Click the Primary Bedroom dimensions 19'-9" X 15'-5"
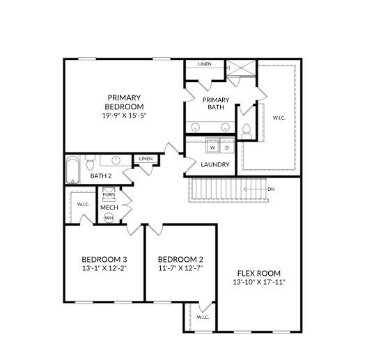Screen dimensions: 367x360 pyautogui.click(x=124, y=116)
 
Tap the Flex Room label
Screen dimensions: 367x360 pyautogui.click(x=259, y=273)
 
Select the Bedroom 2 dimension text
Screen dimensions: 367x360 pyautogui.click(x=180, y=268)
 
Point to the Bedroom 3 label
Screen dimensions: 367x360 pyautogui.click(x=104, y=259)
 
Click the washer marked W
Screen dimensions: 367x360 pyautogui.click(x=212, y=146)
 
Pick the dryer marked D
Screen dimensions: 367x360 pyautogui.click(x=227, y=146)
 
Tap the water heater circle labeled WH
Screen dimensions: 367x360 pyautogui.click(x=109, y=218)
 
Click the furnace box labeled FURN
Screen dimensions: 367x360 pyautogui.click(x=109, y=194)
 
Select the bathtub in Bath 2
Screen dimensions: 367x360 pyautogui.click(x=72, y=170)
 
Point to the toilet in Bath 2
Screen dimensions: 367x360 pyautogui.click(x=90, y=162)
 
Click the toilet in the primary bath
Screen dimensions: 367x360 pyautogui.click(x=246, y=132)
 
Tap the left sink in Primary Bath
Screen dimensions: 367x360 pyautogui.click(x=195, y=127)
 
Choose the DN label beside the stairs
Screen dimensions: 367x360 pyautogui.click(x=271, y=189)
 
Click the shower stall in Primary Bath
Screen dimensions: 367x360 pyautogui.click(x=241, y=68)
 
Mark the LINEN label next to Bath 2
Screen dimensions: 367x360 pyautogui.click(x=146, y=159)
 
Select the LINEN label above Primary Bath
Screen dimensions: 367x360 pyautogui.click(x=205, y=64)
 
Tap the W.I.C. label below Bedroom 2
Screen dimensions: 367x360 pyautogui.click(x=203, y=317)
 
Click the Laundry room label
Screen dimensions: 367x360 pyautogui.click(x=215, y=164)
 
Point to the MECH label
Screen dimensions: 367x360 pyautogui.click(x=109, y=208)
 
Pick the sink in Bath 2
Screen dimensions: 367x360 pyautogui.click(x=116, y=160)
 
